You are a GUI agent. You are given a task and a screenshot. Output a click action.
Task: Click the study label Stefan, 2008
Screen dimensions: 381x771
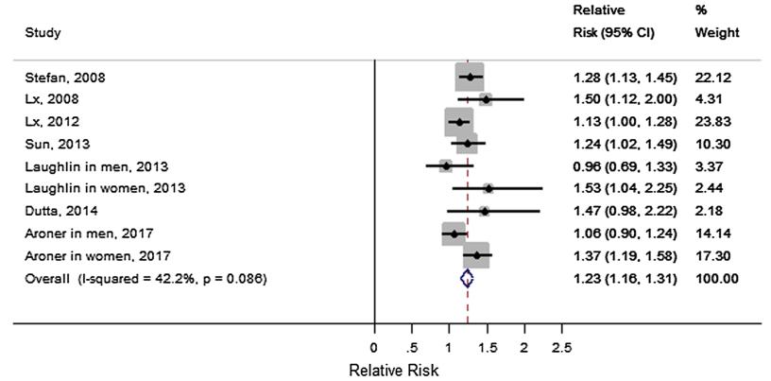click(57, 77)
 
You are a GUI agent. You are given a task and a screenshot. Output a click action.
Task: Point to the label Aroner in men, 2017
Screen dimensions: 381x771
click(77, 233)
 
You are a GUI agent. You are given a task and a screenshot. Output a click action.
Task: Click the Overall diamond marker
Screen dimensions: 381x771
click(466, 278)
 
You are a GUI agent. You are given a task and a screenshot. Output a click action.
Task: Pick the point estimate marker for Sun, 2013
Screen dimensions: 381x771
click(467, 144)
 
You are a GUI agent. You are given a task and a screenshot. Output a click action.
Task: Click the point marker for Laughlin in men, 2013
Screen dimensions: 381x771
click(446, 166)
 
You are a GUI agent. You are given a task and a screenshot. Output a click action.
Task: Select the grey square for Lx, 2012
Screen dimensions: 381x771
click(459, 122)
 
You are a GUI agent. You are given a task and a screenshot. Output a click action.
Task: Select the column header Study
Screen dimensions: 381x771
click(43, 33)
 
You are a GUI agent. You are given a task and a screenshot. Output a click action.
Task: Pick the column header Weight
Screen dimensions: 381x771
click(716, 33)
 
